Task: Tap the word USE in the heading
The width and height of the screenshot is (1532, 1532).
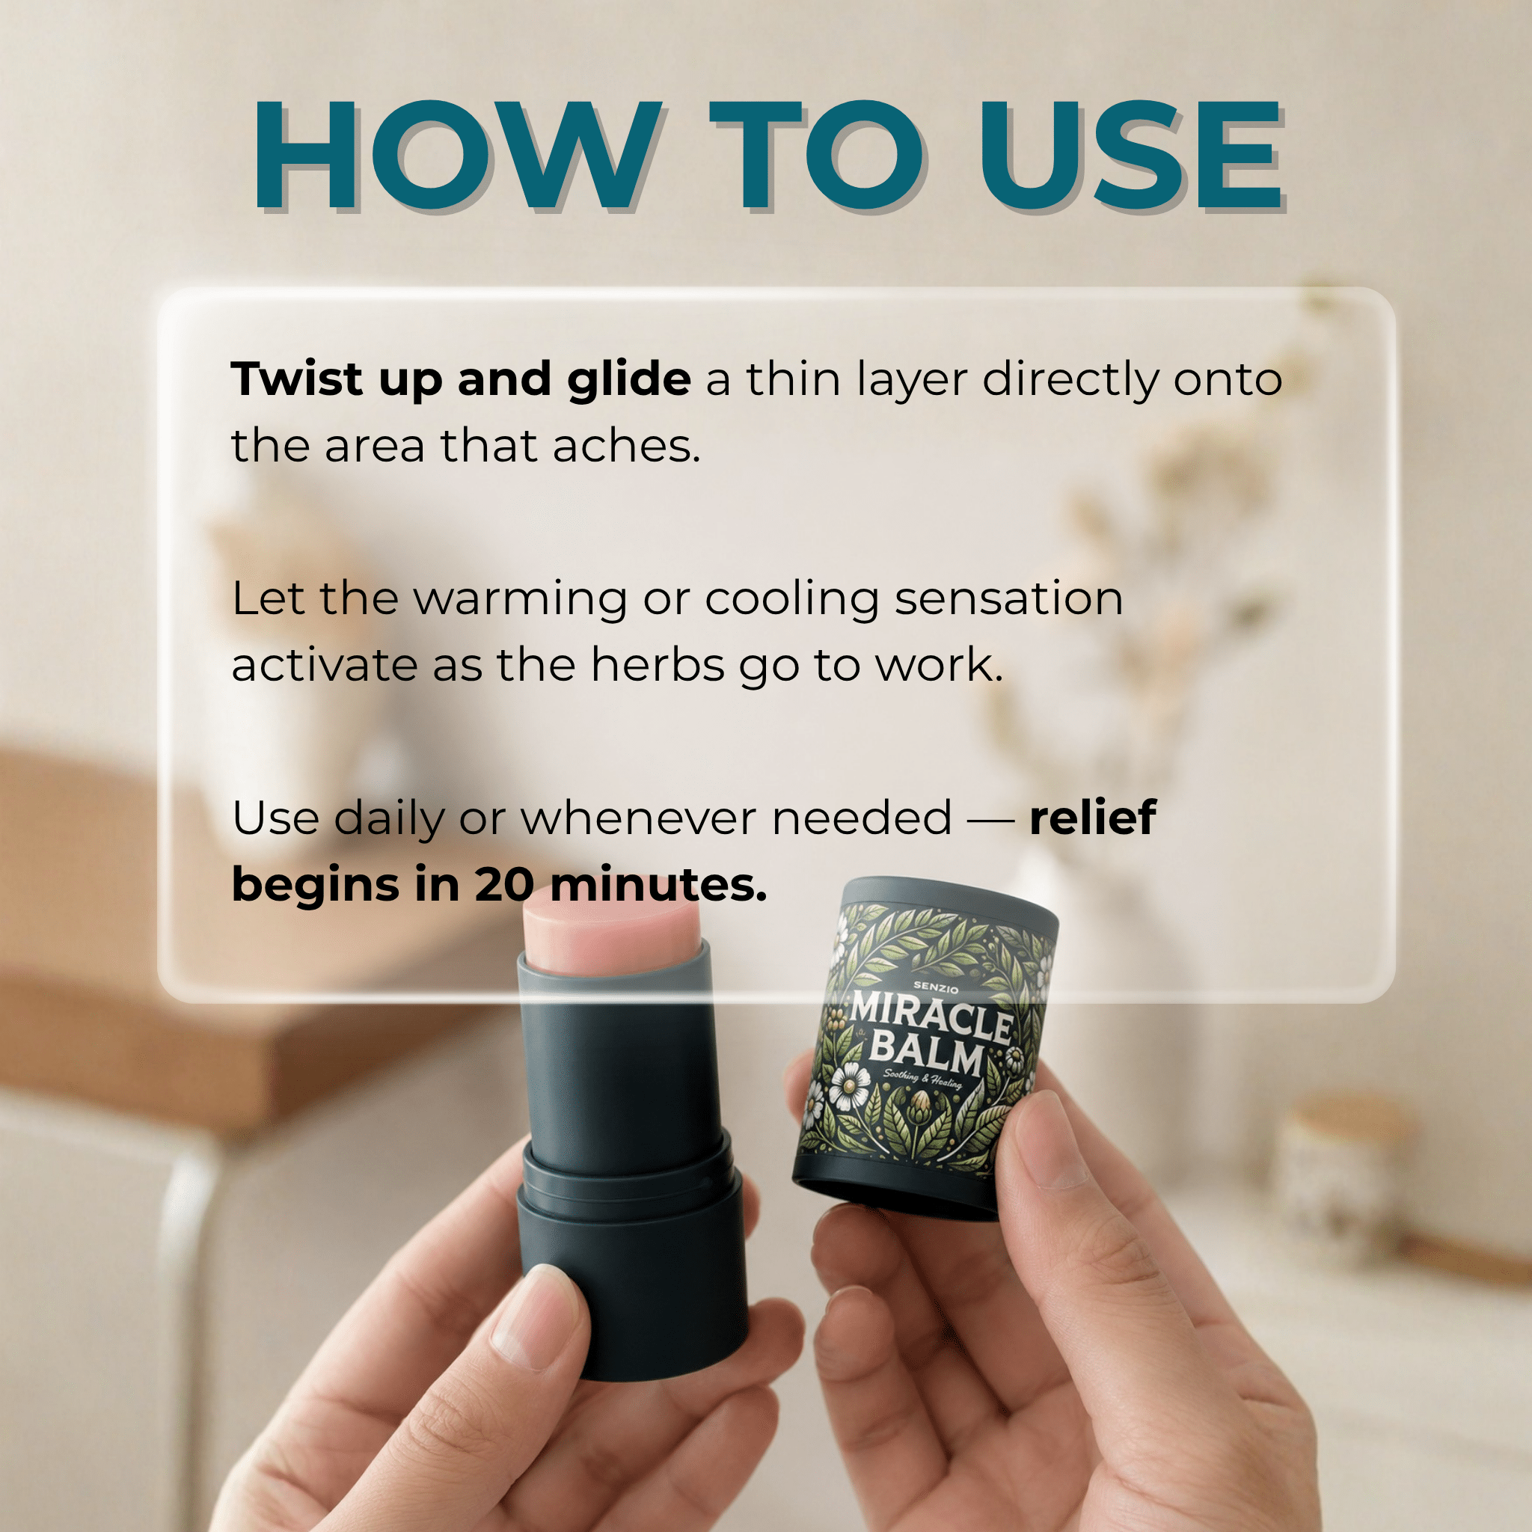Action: click(x=1130, y=156)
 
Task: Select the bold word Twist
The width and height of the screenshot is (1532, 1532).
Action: click(x=296, y=379)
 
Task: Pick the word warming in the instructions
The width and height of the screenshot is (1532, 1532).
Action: click(x=521, y=600)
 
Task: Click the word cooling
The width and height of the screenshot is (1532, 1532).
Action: click(x=792, y=600)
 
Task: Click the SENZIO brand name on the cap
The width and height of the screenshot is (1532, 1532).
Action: click(x=936, y=988)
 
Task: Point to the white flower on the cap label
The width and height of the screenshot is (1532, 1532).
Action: click(x=849, y=1085)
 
